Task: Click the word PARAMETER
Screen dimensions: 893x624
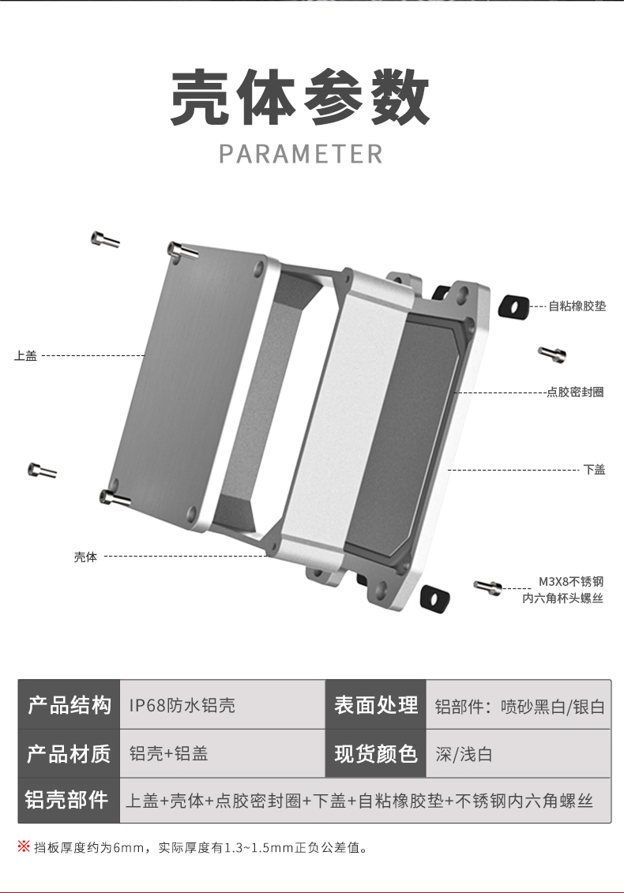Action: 300,153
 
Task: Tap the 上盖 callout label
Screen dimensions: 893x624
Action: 25,356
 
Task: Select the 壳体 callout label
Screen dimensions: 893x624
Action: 85,557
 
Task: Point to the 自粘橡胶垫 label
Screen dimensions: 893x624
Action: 577,306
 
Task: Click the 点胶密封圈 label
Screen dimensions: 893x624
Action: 575,392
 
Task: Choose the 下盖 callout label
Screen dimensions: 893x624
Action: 594,469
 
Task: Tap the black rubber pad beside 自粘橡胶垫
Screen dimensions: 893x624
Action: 513,306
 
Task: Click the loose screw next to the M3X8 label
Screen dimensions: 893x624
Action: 487,586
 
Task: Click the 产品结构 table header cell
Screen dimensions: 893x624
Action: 69,705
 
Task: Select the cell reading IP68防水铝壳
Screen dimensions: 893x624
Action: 182,705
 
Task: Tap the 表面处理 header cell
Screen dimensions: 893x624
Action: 375,705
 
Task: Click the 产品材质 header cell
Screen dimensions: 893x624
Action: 69,753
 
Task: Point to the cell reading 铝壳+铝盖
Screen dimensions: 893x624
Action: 168,753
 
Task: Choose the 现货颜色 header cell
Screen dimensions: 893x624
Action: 375,753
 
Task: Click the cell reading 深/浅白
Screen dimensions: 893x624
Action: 464,754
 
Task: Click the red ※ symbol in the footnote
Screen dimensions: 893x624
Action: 24,847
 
